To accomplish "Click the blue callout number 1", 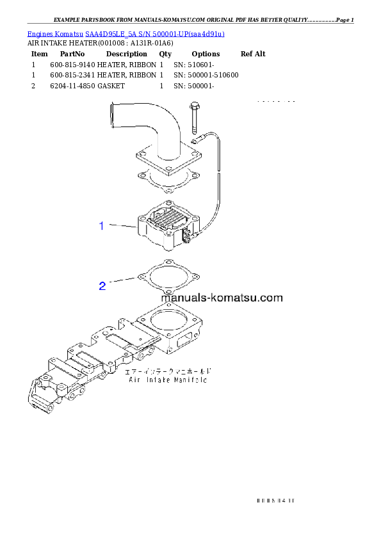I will tap(101, 225).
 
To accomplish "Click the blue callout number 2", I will tap(102, 286).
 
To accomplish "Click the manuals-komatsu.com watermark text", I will tap(222, 298).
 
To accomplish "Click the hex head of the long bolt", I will tap(195, 106).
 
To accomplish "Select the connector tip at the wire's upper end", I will tap(195, 138).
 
